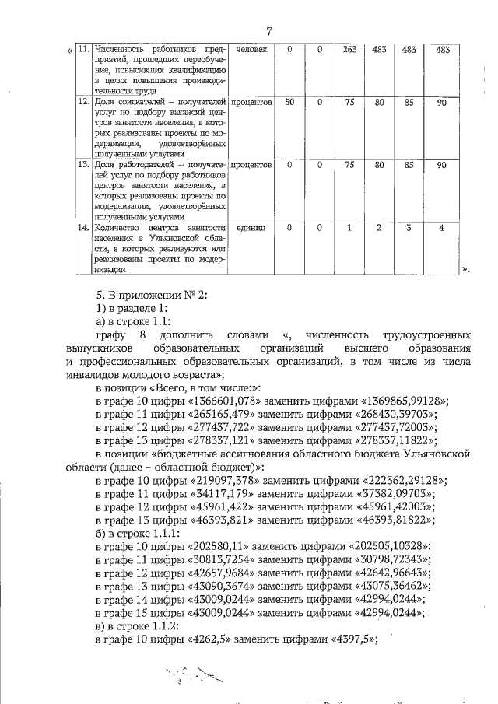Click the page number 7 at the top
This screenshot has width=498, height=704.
[x=267, y=32]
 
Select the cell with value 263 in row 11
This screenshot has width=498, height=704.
[x=350, y=50]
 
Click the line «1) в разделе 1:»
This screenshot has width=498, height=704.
[x=129, y=310]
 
